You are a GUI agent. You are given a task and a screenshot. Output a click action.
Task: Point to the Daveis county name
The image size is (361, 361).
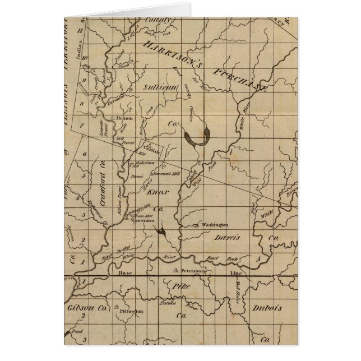[x=226, y=238]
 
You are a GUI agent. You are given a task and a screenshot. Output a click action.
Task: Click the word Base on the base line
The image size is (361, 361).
[x=124, y=273]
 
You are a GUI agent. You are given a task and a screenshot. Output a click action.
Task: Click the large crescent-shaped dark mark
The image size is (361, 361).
[x=197, y=138]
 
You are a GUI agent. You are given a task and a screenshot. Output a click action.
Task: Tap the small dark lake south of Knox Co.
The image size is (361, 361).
[x=162, y=231]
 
